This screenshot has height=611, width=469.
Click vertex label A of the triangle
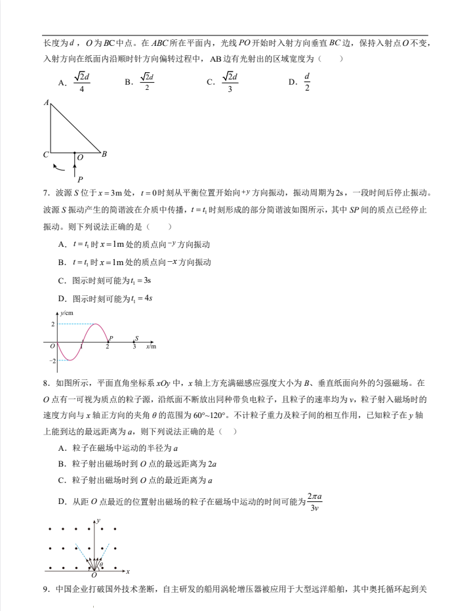[x=47, y=103]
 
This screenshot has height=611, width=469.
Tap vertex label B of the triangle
[x=104, y=154]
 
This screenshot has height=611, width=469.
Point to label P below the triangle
[x=80, y=179]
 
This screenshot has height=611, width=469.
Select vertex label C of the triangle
[x=46, y=155]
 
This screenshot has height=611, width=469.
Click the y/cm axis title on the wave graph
[x=67, y=314]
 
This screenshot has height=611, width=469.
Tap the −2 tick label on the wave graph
[x=52, y=361]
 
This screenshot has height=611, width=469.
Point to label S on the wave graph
[x=136, y=338]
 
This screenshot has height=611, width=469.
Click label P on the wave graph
[x=111, y=338]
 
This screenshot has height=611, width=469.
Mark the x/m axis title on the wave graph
[x=151, y=346]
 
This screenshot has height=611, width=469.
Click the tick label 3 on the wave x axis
[x=134, y=347]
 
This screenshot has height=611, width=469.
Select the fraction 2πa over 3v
[x=315, y=501]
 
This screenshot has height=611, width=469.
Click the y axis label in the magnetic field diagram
[x=98, y=520]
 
